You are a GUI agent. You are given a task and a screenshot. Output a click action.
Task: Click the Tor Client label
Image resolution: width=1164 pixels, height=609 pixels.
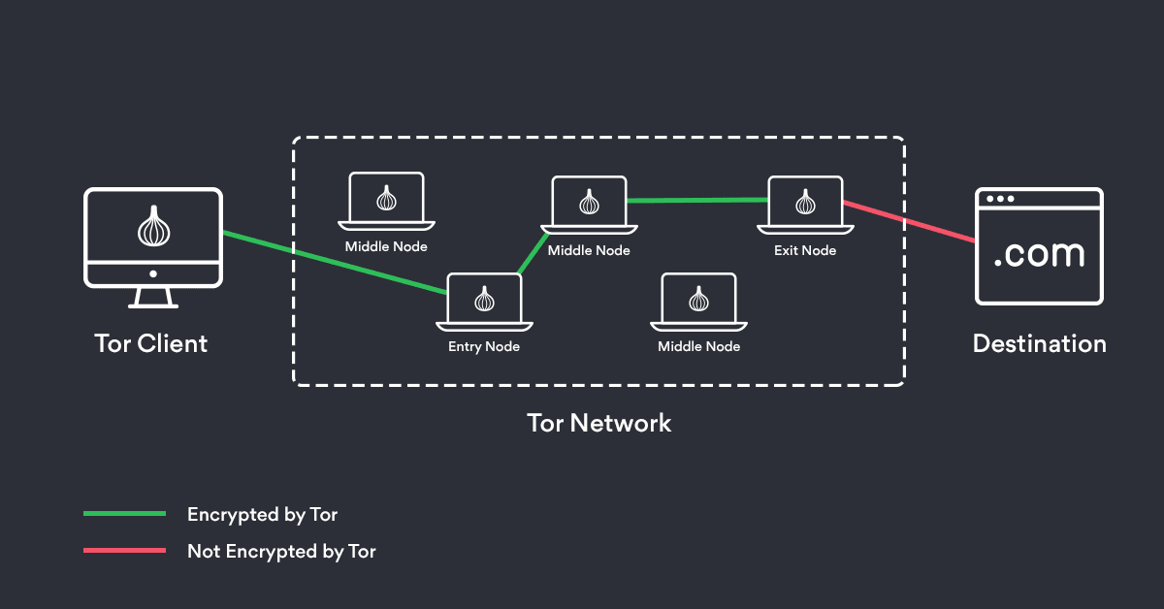pos(151,343)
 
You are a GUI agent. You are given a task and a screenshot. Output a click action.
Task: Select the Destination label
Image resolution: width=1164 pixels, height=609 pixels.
pos(1039,343)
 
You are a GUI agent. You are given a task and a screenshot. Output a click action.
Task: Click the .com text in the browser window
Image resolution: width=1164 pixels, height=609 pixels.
pos(1039,254)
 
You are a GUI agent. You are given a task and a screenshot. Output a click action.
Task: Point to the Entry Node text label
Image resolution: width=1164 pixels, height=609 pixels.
pos(484,347)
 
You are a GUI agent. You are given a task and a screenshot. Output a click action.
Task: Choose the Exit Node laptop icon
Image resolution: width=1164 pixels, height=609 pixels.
pos(804,204)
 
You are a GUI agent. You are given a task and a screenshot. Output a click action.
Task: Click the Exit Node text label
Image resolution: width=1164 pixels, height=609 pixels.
pos(804,250)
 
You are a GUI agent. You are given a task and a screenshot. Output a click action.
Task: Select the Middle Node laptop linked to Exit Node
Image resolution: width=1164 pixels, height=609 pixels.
pos(589,204)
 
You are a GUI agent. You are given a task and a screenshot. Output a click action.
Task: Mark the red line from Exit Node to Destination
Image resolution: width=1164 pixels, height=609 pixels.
pos(909,222)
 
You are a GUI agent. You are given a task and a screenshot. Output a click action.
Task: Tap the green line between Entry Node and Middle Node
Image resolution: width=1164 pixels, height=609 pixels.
pos(532,254)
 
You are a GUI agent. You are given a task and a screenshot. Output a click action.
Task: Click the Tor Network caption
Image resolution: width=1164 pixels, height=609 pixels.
pos(598,423)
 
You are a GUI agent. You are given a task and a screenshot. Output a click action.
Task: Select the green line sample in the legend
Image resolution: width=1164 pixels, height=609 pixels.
pos(124,514)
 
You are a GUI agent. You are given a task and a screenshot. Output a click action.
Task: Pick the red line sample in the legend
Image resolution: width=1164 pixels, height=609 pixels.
pos(124,551)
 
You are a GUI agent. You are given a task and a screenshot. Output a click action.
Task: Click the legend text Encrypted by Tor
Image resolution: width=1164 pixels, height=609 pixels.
pos(262,514)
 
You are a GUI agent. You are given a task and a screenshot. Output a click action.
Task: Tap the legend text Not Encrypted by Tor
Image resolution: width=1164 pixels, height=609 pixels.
pos(281,552)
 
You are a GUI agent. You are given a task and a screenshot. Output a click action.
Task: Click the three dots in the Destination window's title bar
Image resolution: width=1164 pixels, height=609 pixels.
pos(1000,199)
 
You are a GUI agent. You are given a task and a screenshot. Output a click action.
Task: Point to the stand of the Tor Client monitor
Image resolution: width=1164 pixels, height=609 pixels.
pos(152,298)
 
